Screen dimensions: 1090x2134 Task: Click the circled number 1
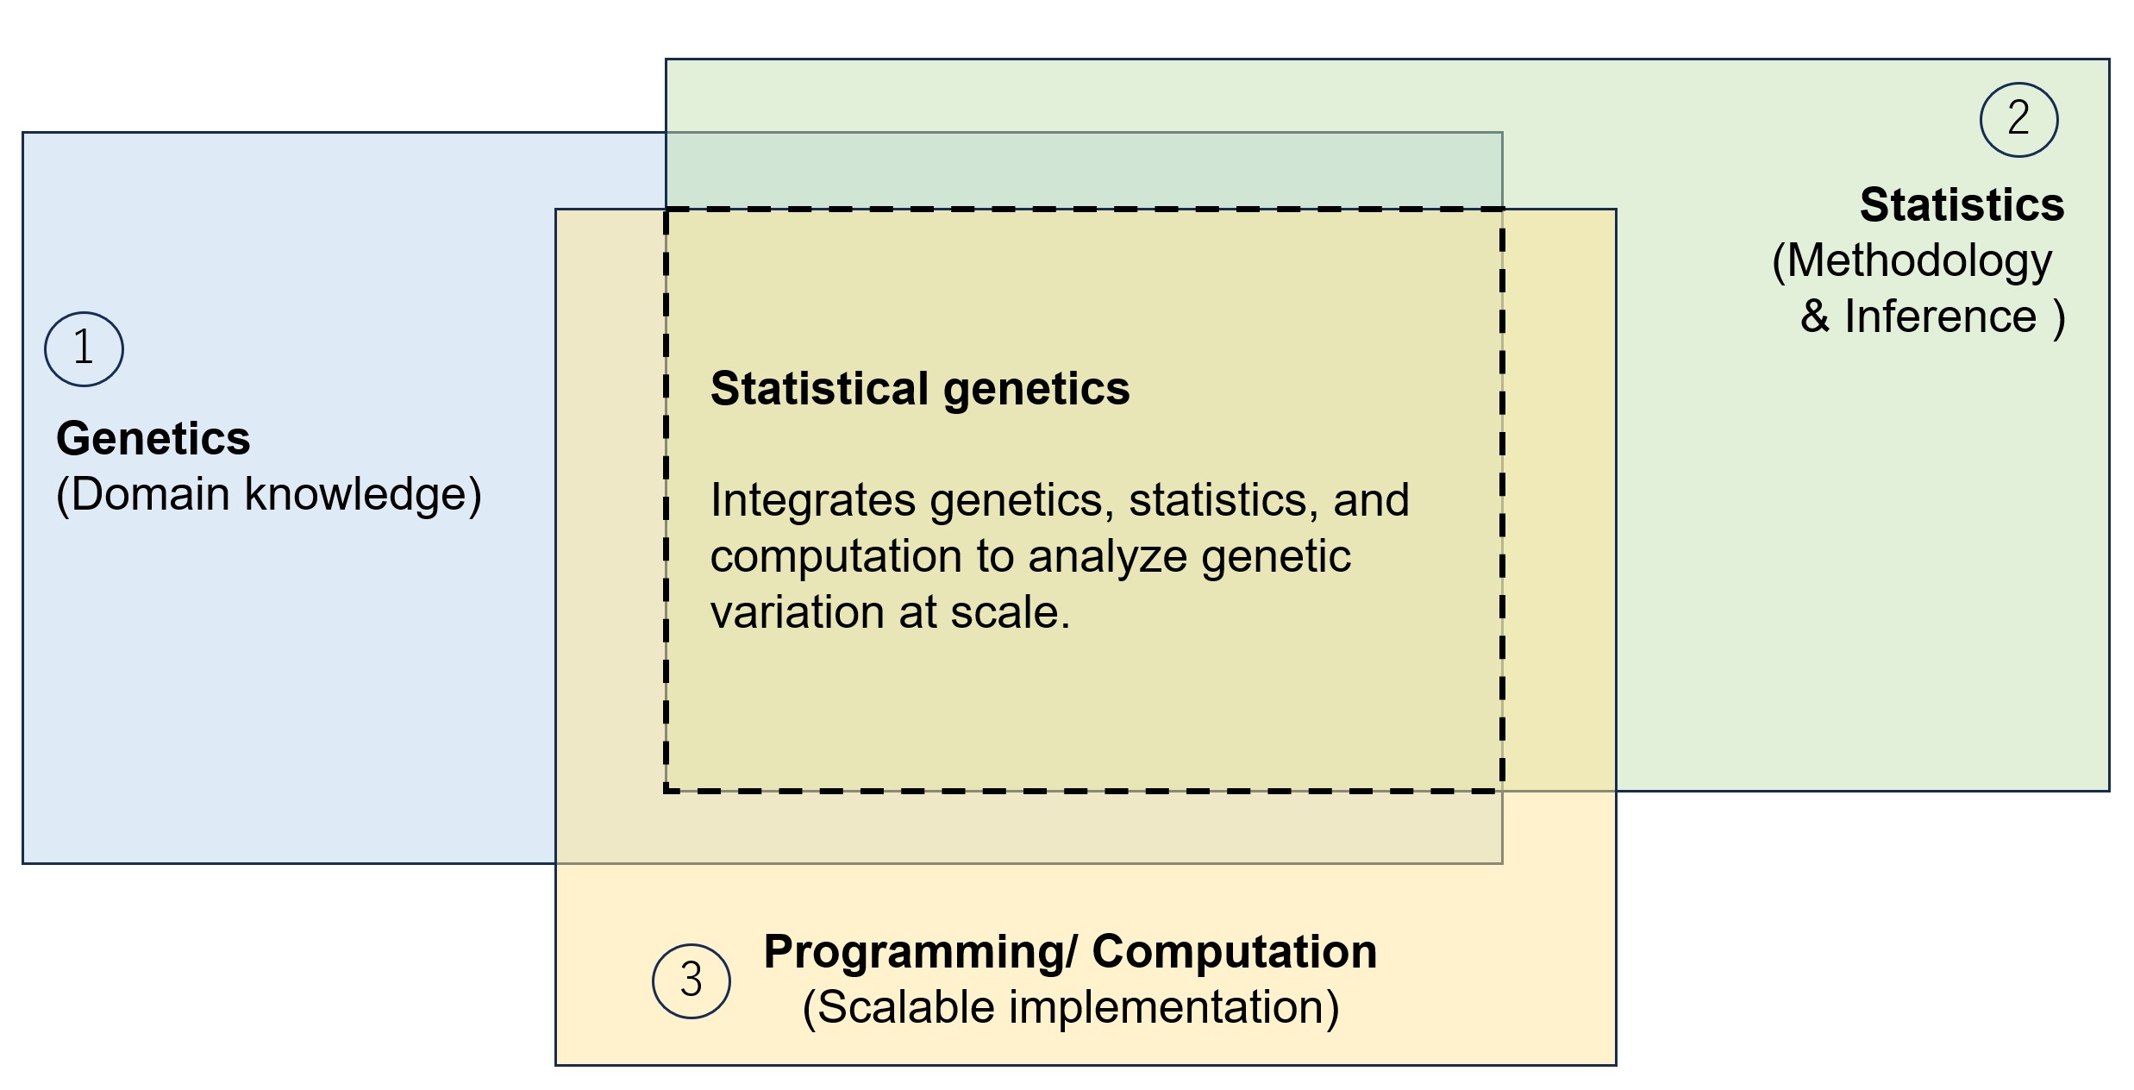tap(84, 348)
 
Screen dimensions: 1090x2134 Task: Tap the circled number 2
tap(2018, 119)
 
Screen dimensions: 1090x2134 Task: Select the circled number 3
tap(691, 980)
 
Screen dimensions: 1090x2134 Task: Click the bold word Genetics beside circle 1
tap(153, 438)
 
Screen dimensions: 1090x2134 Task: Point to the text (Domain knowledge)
tap(268, 494)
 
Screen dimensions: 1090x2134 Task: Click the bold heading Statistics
tap(1962, 205)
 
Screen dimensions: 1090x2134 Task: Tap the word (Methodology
tap(1912, 260)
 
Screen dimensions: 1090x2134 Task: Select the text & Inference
tap(1918, 316)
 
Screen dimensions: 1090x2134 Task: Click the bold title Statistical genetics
tap(919, 389)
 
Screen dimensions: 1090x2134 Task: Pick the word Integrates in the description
tap(812, 500)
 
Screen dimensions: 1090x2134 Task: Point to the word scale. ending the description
tap(1010, 612)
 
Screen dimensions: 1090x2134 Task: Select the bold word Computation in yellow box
tap(1234, 951)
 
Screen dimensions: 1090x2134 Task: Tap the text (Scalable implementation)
tap(1070, 1007)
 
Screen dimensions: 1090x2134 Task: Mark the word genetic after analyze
tap(1275, 556)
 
